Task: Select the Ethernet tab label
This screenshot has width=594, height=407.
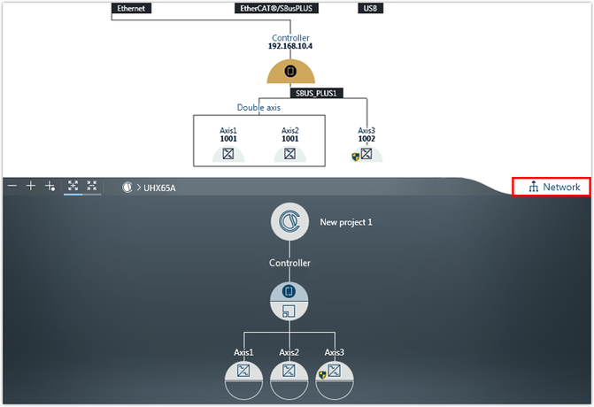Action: tap(131, 8)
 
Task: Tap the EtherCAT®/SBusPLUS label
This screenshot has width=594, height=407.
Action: tap(276, 8)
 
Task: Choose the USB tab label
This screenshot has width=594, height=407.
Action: tap(371, 8)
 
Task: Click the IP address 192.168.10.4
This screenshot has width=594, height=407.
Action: tap(290, 46)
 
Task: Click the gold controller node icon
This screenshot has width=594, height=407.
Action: tap(290, 71)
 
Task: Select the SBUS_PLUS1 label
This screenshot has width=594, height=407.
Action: tap(316, 93)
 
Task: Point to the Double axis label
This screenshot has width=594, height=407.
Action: tap(258, 108)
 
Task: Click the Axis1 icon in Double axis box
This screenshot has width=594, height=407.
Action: tap(228, 154)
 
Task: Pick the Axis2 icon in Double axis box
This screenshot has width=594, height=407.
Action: tap(289, 154)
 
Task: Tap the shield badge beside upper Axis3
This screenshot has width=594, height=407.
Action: tap(355, 157)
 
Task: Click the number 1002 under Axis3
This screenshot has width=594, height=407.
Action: tap(366, 139)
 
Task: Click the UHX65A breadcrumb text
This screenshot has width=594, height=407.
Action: tap(159, 188)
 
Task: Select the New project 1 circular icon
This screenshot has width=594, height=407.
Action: tap(289, 221)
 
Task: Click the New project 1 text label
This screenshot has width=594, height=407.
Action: tap(346, 222)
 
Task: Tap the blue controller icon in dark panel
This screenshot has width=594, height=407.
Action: tap(289, 291)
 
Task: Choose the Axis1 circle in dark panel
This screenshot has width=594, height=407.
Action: tap(243, 380)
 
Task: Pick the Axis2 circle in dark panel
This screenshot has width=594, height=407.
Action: tap(289, 380)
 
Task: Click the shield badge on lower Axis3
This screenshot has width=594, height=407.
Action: tap(322, 375)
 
